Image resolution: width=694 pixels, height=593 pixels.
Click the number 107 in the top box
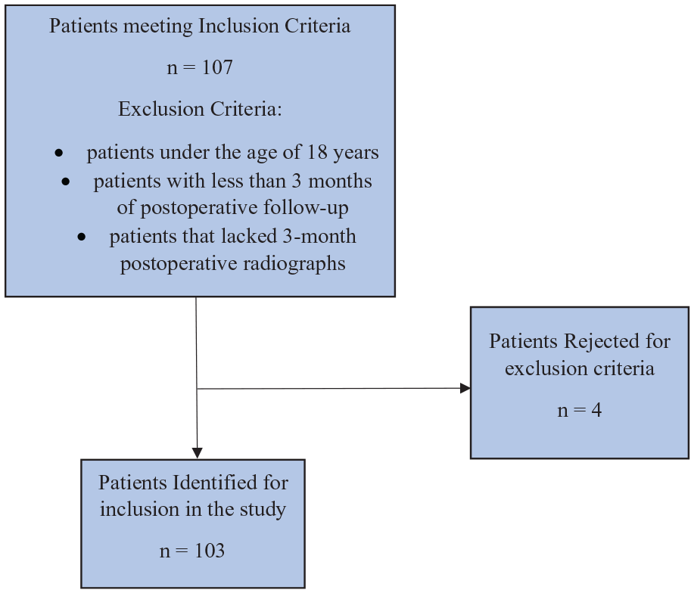217,67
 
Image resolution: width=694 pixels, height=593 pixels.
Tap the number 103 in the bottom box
210,551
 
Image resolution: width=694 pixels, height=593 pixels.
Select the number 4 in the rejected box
596,410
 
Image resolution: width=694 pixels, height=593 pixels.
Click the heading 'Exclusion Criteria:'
200,109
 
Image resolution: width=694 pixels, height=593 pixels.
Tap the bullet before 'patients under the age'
59,154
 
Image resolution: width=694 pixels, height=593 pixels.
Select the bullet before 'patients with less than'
66,182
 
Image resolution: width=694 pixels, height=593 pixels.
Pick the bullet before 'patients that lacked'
82,237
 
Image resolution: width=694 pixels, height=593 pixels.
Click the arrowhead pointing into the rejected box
465,388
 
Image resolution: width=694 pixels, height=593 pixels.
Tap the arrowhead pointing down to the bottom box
197,453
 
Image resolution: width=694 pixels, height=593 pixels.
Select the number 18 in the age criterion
317,152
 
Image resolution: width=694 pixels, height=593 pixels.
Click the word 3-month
319,236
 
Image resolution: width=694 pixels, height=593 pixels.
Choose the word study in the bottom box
263,510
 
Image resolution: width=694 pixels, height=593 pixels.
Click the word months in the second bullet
340,182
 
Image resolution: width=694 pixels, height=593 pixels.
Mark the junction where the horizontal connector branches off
197,389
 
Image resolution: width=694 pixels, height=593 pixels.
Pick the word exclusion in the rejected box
542,369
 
